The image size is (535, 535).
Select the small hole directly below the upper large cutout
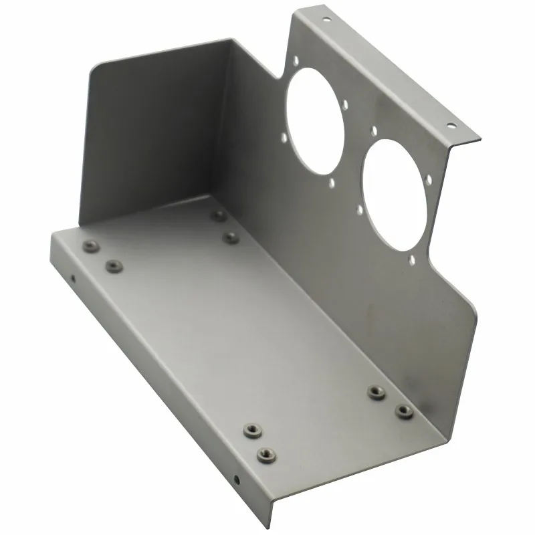[x=332, y=181]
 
